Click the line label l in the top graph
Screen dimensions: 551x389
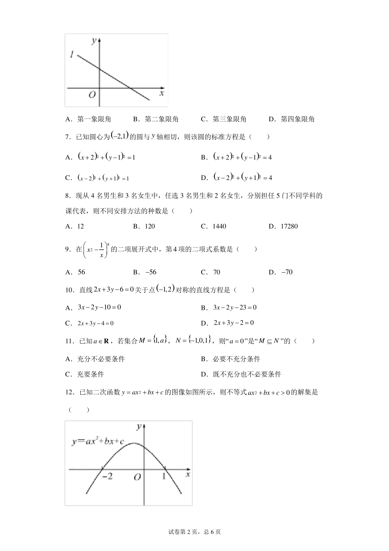pos(72,54)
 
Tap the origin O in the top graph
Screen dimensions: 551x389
pos(92,95)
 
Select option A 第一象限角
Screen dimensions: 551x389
pos(88,119)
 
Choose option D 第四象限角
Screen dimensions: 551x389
pos(292,119)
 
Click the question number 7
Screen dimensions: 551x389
pos(68,137)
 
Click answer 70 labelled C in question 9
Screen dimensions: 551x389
pos(217,272)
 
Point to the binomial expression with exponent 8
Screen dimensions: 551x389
pos(96,250)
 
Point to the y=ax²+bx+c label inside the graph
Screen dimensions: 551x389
pos(98,442)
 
